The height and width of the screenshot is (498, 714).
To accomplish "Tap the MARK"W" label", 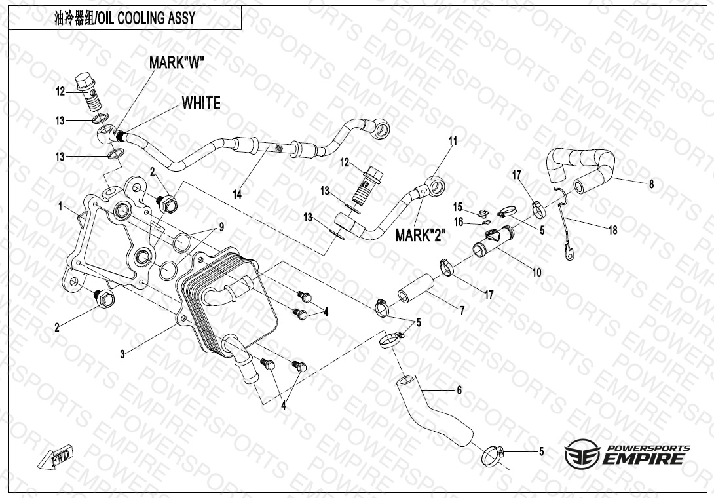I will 177,63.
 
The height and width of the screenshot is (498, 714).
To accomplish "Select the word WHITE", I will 201,103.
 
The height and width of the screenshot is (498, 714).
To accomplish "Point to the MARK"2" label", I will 421,235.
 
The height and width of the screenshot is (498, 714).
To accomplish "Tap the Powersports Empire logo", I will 628,453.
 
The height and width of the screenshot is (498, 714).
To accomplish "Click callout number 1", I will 60,206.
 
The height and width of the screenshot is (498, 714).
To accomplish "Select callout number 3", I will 122,354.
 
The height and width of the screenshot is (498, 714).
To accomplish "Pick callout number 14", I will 236,194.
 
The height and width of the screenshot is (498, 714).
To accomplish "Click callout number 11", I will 453,141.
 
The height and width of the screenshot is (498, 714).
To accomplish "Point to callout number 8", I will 651,184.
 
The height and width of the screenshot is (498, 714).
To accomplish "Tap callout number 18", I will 613,229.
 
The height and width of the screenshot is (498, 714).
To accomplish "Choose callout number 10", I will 536,272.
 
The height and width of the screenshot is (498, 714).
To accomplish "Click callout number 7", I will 462,311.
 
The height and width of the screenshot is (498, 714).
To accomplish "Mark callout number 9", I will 221,227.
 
